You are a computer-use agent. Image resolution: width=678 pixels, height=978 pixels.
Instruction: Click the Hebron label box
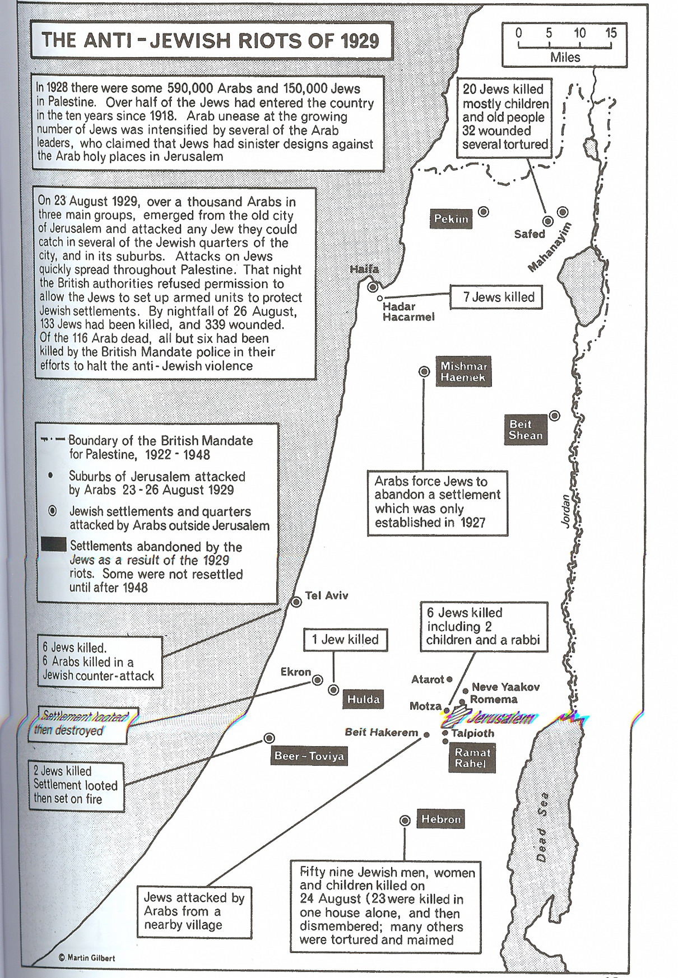tap(441, 819)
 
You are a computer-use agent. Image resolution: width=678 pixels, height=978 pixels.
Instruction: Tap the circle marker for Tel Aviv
tap(296, 602)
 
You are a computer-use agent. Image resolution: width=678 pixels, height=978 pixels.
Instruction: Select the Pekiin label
tap(451, 218)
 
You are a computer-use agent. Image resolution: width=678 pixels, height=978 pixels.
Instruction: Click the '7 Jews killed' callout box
tap(496, 297)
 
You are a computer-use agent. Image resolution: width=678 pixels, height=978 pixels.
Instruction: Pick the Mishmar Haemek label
tap(463, 371)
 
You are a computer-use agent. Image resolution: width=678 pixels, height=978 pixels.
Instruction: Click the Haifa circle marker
tap(373, 287)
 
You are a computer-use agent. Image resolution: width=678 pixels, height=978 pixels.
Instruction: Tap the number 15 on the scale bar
tap(610, 33)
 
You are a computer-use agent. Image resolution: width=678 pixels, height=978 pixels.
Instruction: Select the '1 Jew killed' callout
tap(345, 639)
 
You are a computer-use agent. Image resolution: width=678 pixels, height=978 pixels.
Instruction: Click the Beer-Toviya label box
tap(309, 756)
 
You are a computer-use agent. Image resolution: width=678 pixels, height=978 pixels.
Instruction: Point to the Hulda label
tap(363, 699)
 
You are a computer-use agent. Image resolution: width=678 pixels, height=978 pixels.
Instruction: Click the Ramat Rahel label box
tap(472, 757)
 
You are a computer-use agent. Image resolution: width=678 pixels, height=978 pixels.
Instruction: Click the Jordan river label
tap(565, 510)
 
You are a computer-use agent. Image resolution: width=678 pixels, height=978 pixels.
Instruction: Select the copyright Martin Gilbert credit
tap(87, 957)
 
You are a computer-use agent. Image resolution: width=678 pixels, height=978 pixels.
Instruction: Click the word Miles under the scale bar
tap(565, 57)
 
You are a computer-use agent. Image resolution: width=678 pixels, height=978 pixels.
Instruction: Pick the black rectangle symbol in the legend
tap(54, 546)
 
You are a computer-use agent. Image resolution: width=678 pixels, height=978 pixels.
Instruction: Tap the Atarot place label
tap(428, 679)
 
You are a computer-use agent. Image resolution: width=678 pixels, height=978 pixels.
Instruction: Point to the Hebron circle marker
tap(405, 821)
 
